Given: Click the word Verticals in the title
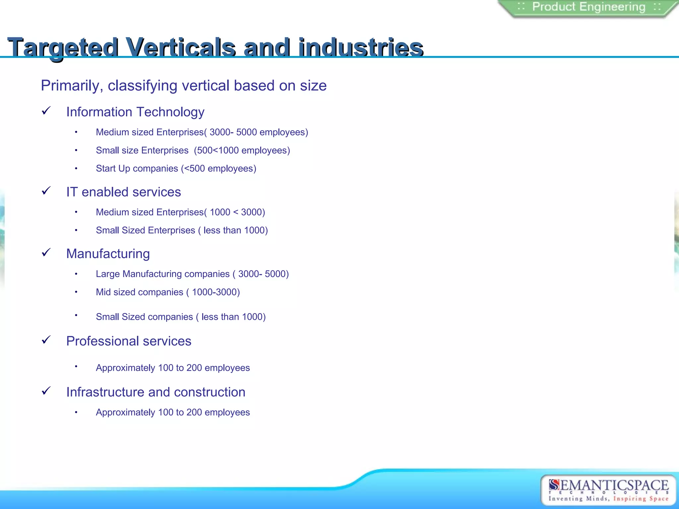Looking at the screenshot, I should (181, 47).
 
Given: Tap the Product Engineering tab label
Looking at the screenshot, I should (589, 7).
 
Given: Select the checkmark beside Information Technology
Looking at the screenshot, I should (46, 111).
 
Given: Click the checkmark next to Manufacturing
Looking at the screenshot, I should (46, 253).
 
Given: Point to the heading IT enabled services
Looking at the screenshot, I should (123, 192).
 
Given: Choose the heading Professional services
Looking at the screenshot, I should (129, 341).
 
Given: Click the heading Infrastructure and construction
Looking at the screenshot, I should (155, 392).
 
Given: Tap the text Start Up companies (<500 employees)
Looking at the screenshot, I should (176, 168).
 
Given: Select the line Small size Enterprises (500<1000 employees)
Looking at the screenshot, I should (193, 150).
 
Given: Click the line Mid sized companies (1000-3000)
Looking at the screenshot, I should (167, 292).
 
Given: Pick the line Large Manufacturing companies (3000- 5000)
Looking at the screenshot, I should (192, 274).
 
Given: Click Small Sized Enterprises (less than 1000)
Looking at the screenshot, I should (181, 230).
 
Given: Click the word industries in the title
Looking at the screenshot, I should (360, 47).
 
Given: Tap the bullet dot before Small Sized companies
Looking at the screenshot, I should (76, 315).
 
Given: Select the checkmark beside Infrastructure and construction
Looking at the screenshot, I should (46, 391).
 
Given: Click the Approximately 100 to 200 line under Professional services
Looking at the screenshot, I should (172, 368).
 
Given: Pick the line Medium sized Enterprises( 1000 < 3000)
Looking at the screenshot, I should (180, 212).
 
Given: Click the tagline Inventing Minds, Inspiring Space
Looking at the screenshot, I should (608, 499).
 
